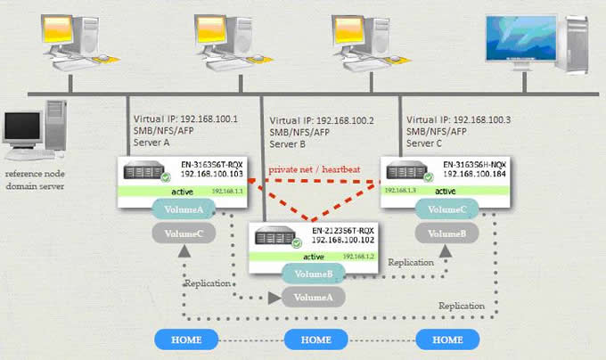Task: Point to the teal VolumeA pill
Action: point(182,210)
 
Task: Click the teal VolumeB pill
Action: point(312,274)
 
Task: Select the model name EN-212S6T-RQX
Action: point(345,231)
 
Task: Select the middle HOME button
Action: point(316,340)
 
